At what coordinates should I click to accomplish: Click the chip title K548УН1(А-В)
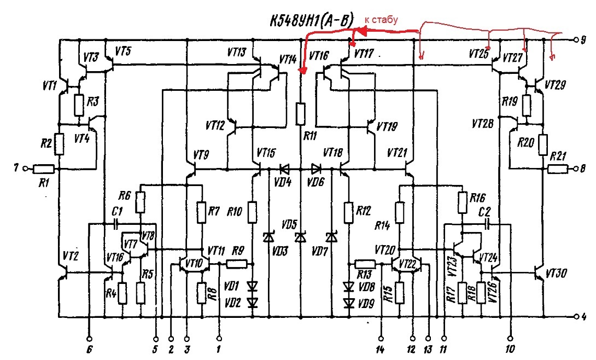pos(312,21)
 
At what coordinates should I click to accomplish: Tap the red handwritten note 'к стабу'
pos(381,19)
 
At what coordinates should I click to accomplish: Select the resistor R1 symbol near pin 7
pos(44,169)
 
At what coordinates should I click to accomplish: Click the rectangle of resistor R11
pos(300,113)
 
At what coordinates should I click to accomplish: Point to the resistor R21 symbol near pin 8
pos(558,169)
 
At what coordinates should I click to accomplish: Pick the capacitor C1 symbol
pos(116,224)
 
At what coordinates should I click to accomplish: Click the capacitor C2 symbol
pos(488,224)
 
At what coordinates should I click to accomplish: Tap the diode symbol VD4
pos(284,169)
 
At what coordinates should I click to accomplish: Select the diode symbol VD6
pos(316,169)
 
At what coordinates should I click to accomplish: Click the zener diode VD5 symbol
pos(300,237)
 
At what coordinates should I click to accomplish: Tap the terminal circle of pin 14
pos(381,339)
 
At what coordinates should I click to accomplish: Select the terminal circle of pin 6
pos(89,339)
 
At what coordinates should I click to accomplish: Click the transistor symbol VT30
pos(539,273)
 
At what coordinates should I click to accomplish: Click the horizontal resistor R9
pos(237,264)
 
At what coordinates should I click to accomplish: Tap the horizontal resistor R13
pos(365,264)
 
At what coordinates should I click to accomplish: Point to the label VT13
pos(237,52)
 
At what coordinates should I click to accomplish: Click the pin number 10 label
pos(510,349)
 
